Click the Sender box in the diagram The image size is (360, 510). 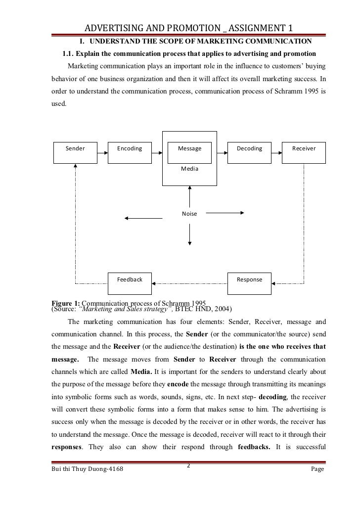tap(75, 148)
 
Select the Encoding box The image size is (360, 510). tap(130, 148)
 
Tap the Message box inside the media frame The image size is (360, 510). tap(189, 148)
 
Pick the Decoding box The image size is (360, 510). tap(249, 148)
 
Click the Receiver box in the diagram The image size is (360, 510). tap(304, 148)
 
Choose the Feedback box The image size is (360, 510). tap(130, 279)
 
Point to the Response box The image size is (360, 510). tap(249, 279)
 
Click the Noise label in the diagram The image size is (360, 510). tap(189, 214)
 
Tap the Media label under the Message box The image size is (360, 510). tap(189, 169)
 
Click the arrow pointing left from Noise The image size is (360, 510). tap(143, 218)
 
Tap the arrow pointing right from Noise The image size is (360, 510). tap(225, 213)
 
